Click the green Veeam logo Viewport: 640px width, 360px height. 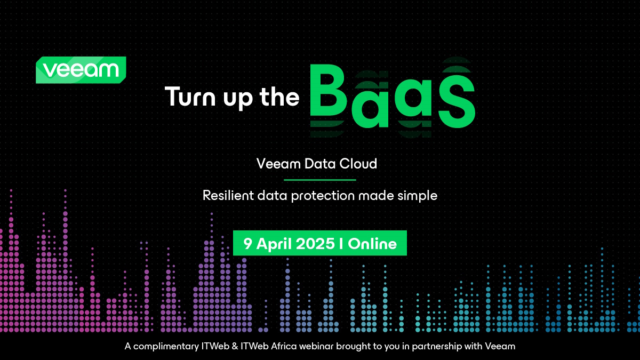(81, 70)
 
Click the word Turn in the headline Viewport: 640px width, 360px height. (190, 97)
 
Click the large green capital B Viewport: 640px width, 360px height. (329, 90)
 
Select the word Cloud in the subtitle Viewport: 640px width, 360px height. (358, 164)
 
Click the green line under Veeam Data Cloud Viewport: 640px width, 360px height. (320, 180)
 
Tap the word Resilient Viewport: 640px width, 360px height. (228, 196)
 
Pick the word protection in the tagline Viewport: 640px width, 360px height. (323, 196)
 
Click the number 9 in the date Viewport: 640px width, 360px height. (247, 244)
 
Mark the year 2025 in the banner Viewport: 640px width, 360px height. (315, 244)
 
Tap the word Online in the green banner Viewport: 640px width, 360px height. (372, 244)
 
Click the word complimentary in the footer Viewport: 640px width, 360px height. (166, 347)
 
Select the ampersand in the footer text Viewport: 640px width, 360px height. (235, 346)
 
